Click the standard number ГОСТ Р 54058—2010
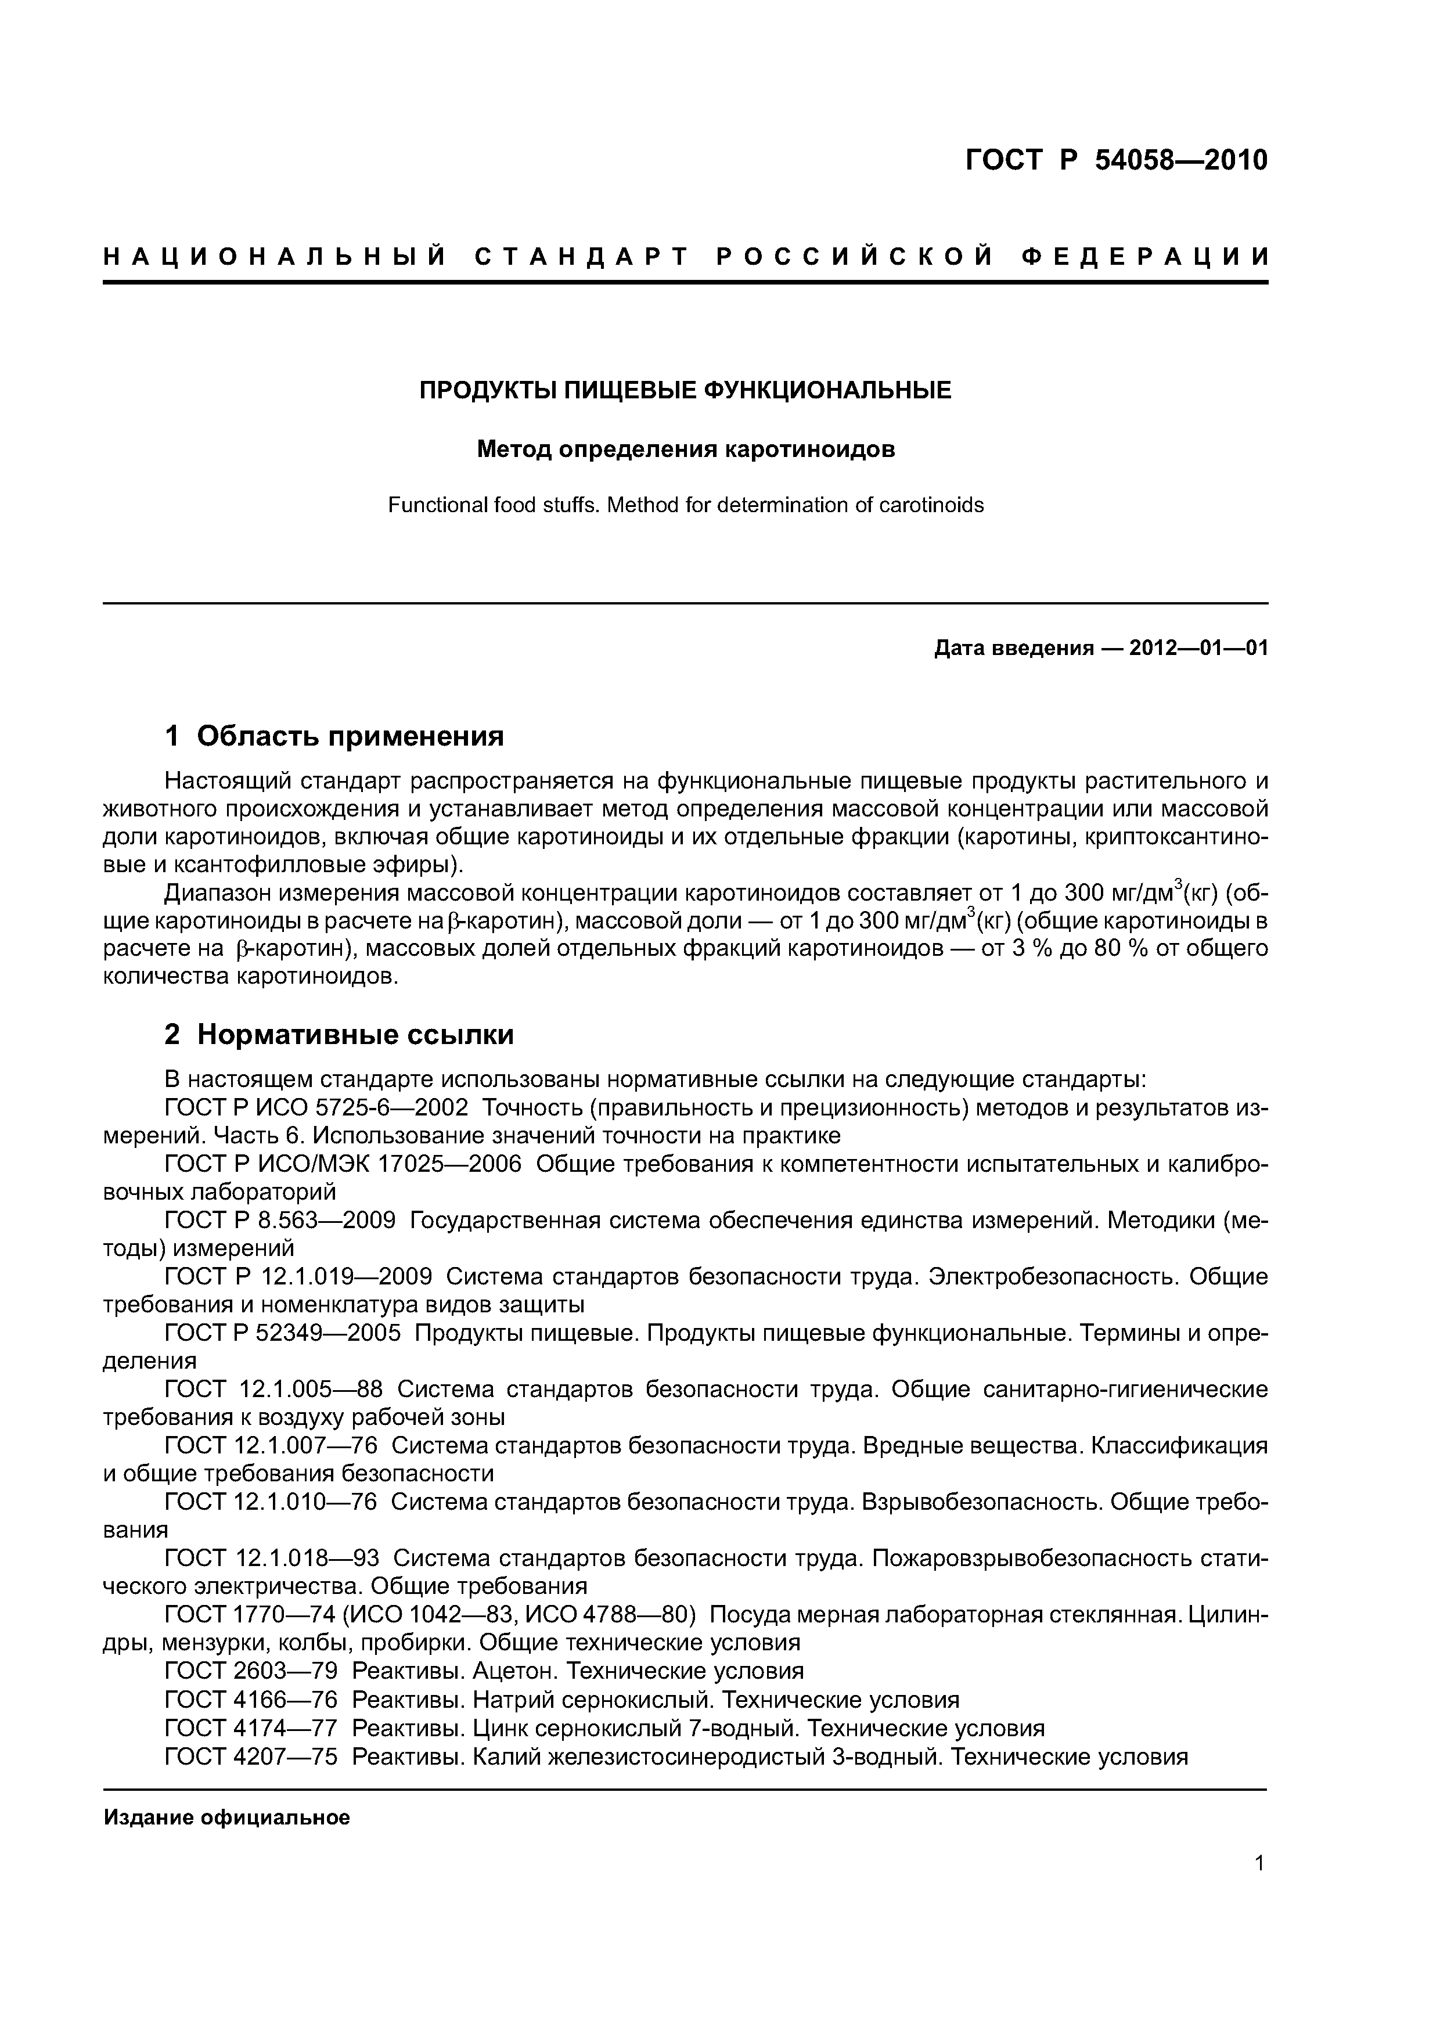point(1116,161)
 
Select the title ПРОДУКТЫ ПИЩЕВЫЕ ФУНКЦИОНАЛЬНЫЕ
point(685,390)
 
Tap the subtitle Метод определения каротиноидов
point(685,450)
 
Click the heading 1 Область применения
point(334,736)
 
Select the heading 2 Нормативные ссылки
point(339,1035)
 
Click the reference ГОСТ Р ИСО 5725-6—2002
point(317,1108)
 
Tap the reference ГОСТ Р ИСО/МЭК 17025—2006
point(343,1164)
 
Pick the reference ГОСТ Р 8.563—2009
point(280,1221)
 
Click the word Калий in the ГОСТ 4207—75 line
point(506,1756)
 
